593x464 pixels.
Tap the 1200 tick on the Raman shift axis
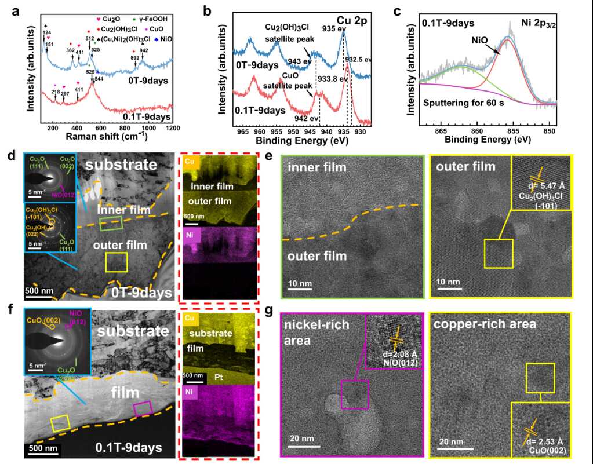pos(172,129)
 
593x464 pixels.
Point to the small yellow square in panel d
pos(116,262)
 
